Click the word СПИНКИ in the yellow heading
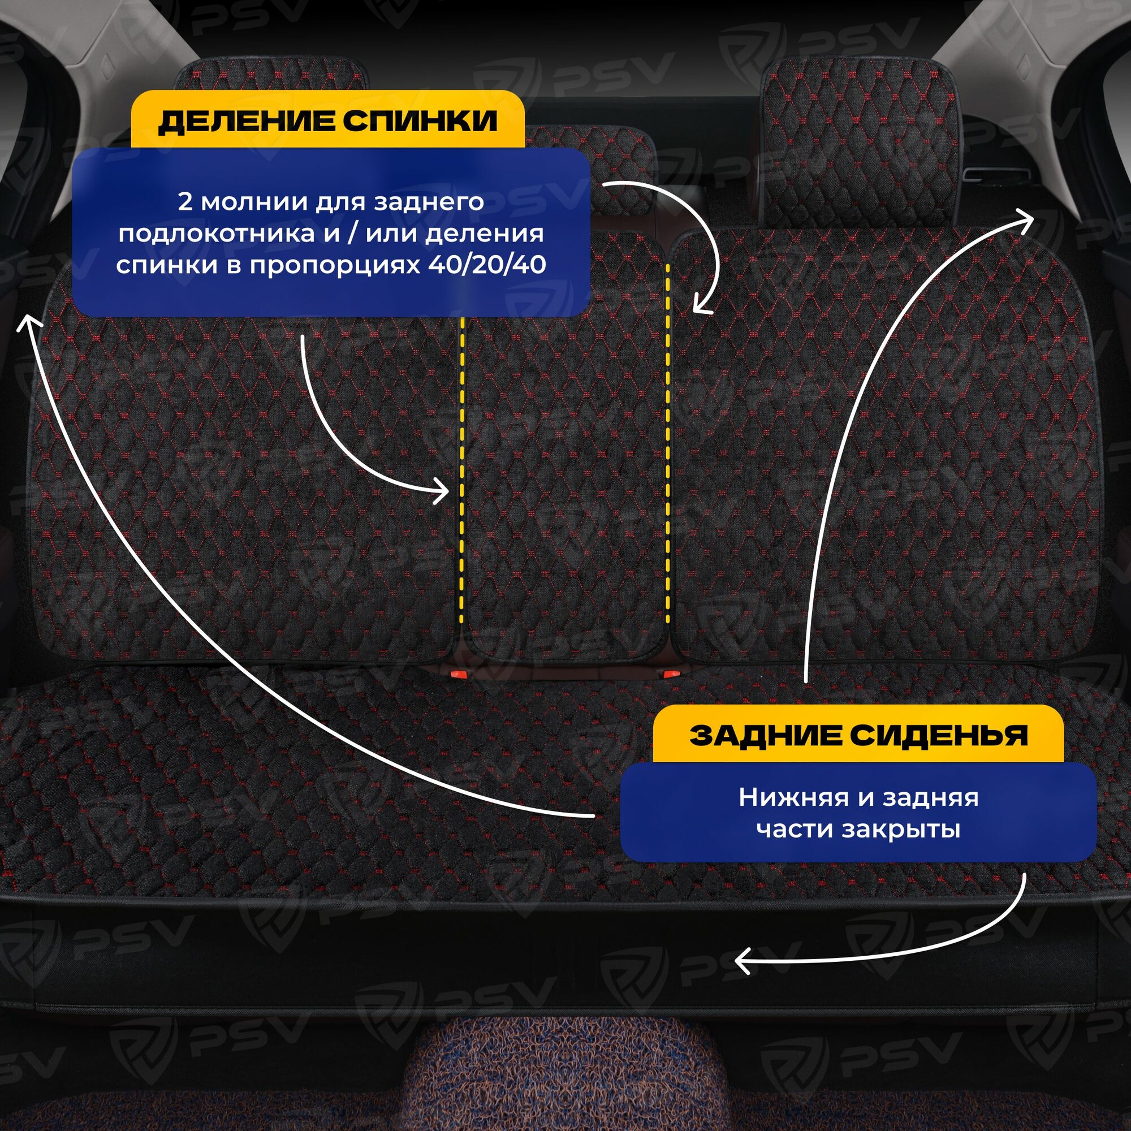pyautogui.click(x=420, y=122)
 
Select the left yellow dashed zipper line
pyautogui.click(x=462, y=468)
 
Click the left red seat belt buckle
pyautogui.click(x=459, y=674)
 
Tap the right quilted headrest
pyautogui.click(x=861, y=146)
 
